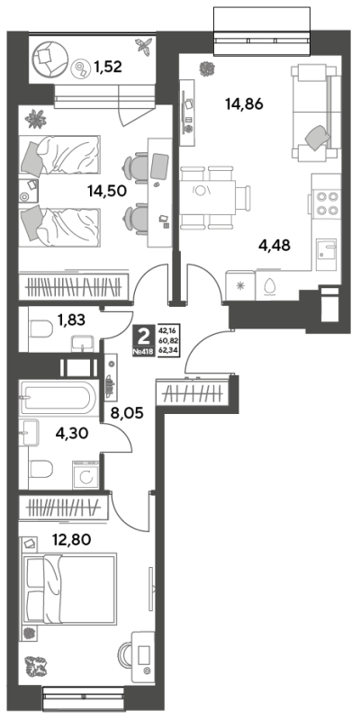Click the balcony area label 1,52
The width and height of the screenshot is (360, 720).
coord(107,67)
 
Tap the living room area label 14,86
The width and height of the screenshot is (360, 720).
coord(244,104)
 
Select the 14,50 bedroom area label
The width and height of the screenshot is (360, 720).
coord(107,191)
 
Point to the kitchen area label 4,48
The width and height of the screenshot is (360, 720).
coord(274,246)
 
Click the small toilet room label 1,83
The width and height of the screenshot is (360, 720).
coord(71,319)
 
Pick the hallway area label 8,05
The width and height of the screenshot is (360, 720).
coord(127,413)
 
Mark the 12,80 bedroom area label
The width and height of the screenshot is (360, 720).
coord(72,539)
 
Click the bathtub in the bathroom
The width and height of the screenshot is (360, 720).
coord(58,396)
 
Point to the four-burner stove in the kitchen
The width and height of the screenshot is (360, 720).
coord(325,202)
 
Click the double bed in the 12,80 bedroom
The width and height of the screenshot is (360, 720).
coord(69,589)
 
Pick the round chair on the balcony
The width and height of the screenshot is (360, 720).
coord(50,58)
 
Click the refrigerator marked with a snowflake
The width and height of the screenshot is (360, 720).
coord(240,285)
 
